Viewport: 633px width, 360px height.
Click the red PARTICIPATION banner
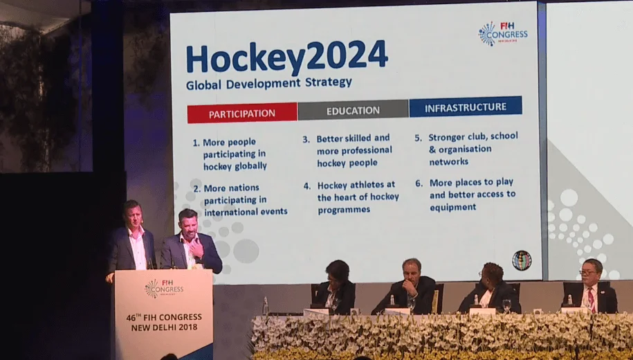[x=242, y=113]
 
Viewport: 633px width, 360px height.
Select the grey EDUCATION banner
[x=354, y=110]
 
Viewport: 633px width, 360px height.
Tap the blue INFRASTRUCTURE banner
[x=466, y=107]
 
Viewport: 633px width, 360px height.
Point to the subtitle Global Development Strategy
[x=269, y=84]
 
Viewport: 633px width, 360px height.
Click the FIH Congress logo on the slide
[x=503, y=33]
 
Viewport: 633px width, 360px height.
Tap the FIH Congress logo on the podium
[x=164, y=289]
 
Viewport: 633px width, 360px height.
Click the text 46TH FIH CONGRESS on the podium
[x=164, y=318]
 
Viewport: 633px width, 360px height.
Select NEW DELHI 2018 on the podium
[x=164, y=327]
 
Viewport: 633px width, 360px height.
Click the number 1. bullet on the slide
[x=196, y=143]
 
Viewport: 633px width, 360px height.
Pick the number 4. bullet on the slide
[x=307, y=186]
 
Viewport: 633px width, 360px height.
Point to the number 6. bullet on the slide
[x=419, y=183]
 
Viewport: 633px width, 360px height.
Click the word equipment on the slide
[x=453, y=207]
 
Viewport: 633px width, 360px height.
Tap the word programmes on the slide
[x=344, y=210]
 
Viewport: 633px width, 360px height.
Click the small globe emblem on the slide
[x=522, y=260]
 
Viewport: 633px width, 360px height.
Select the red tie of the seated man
[x=591, y=299]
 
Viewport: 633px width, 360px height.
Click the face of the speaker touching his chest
[x=189, y=224]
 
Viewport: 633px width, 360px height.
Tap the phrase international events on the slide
[x=246, y=212]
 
